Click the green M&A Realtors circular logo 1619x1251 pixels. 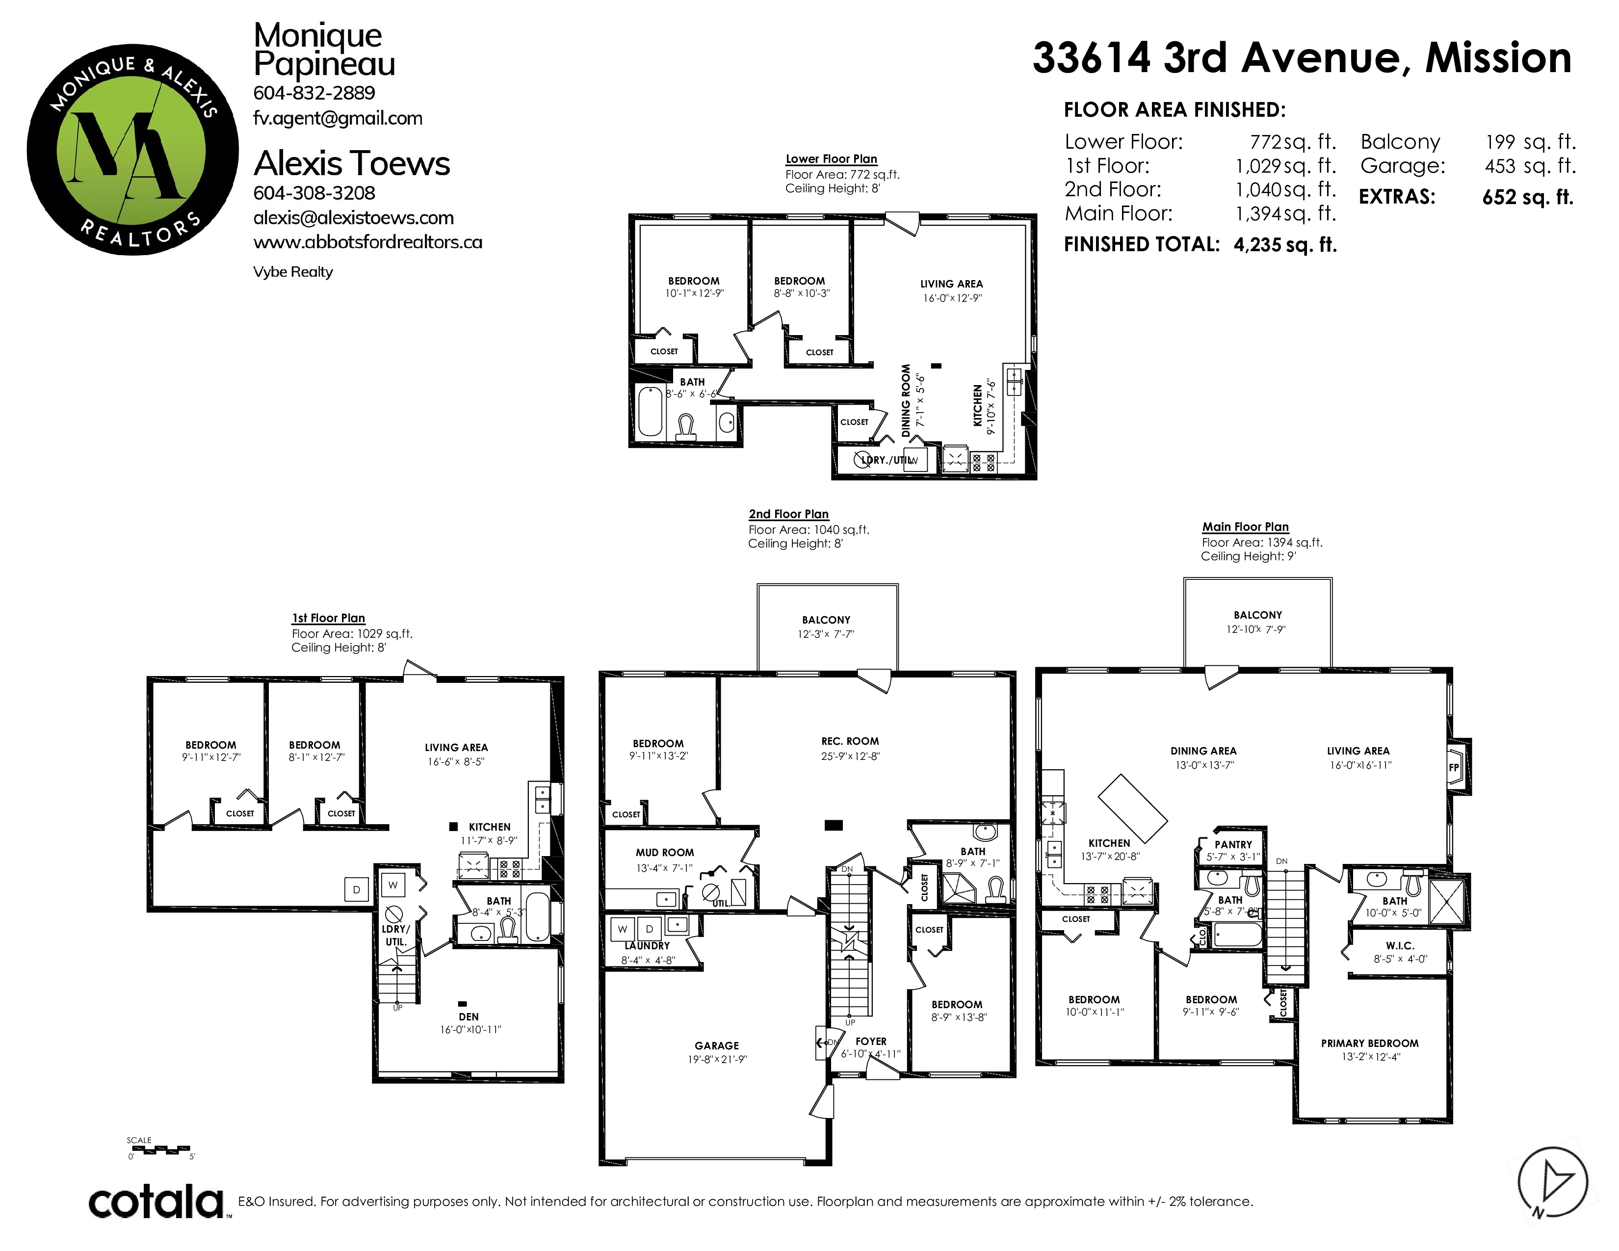(132, 149)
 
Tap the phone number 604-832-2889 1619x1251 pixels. (314, 93)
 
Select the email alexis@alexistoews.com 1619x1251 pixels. (354, 218)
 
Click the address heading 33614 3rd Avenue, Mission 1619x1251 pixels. (1302, 58)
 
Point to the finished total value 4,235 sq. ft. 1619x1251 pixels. (1285, 245)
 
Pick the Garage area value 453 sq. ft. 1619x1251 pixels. (1529, 166)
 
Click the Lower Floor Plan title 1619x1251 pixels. (831, 158)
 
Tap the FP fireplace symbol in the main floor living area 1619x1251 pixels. (1454, 768)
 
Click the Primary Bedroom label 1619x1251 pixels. (1370, 1043)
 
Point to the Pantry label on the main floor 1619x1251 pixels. (1233, 845)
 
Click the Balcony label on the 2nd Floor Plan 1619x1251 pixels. (826, 620)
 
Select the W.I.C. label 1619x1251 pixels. (1400, 946)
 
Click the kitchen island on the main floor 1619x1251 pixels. (1133, 808)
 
